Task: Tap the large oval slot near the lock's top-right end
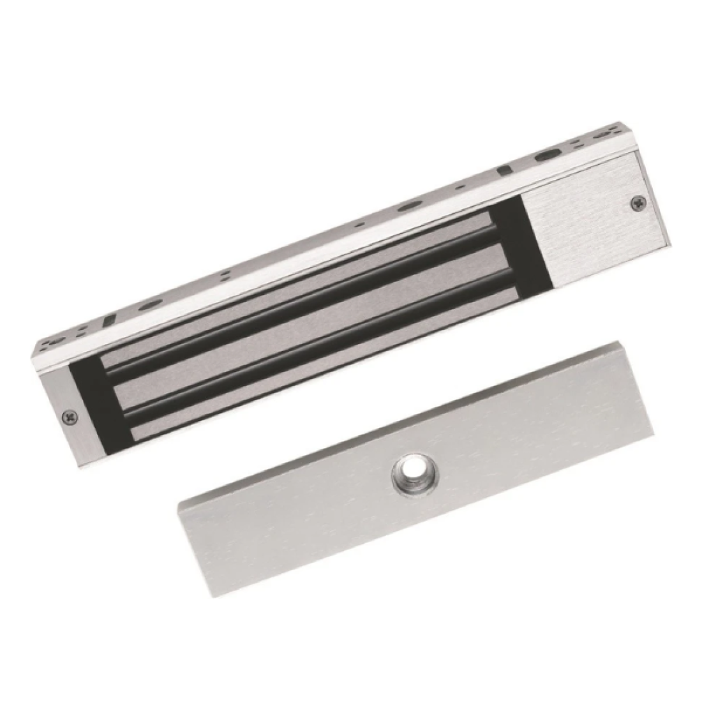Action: [546, 155]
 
